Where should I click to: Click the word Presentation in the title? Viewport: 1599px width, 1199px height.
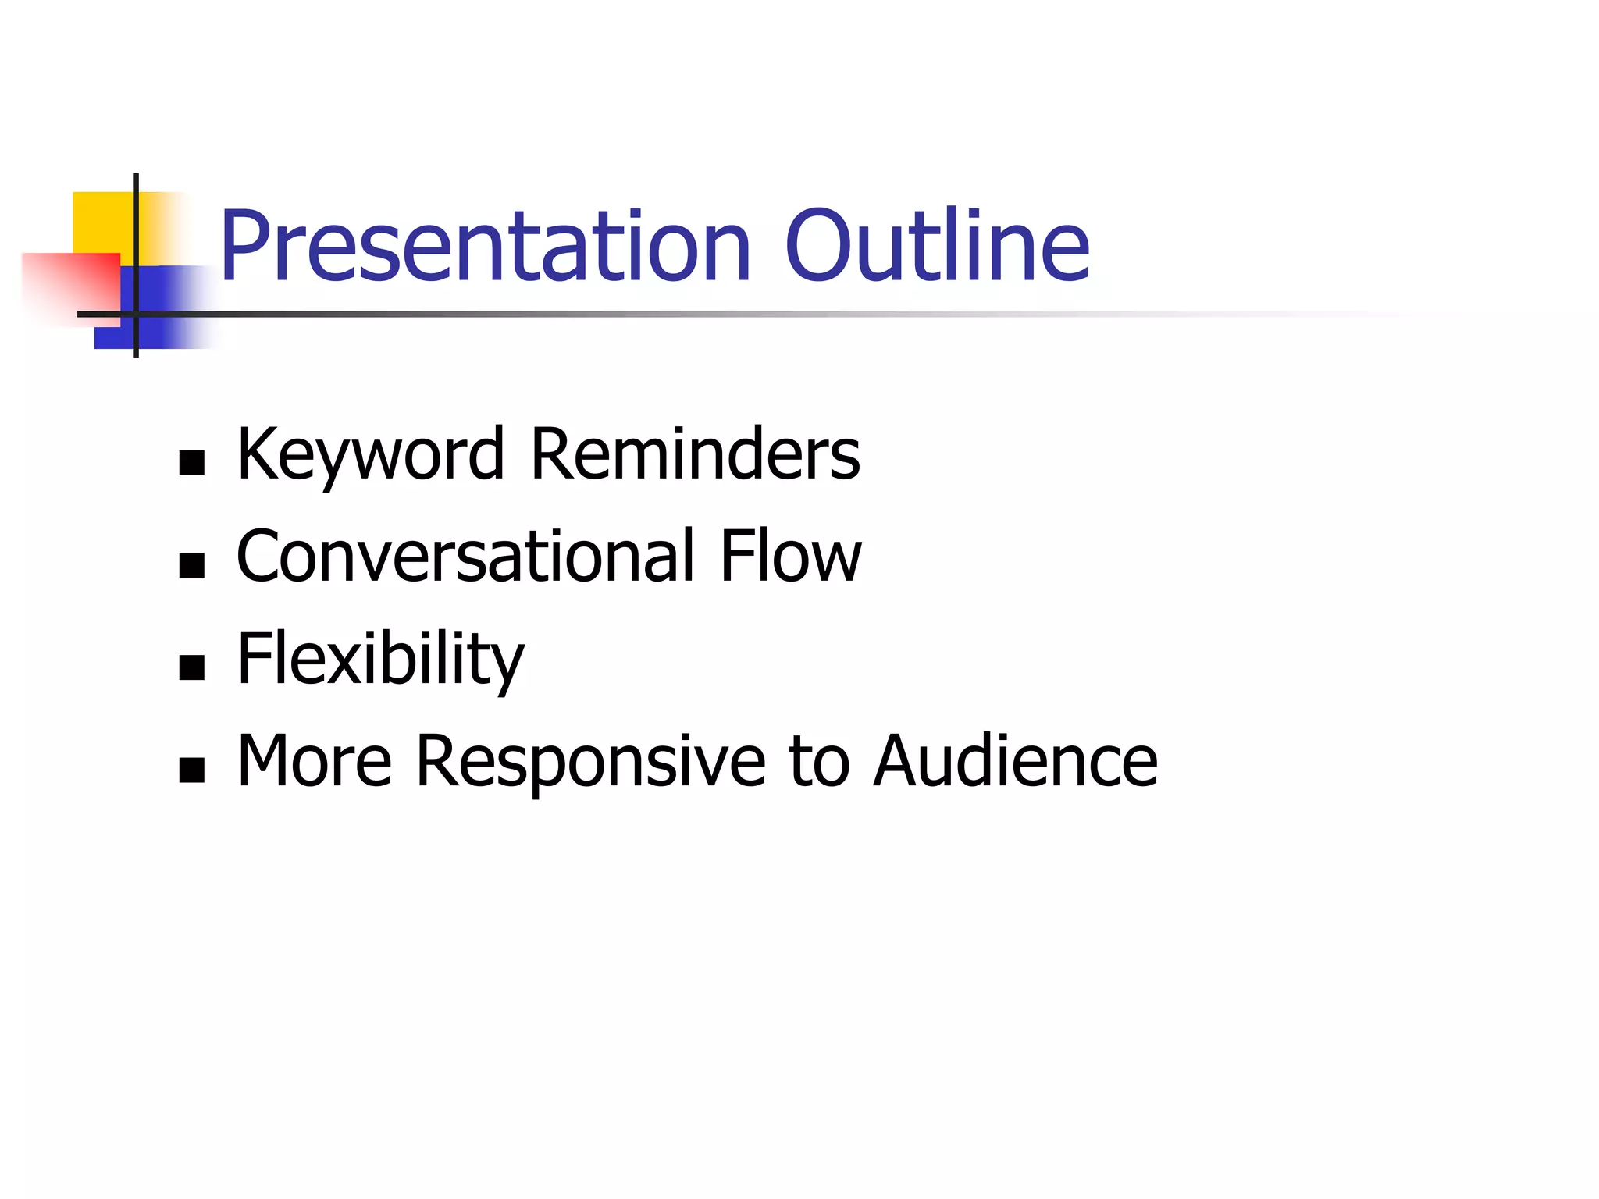coord(484,248)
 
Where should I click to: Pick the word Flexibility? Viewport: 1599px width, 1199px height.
coord(380,660)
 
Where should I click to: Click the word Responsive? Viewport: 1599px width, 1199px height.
coord(590,763)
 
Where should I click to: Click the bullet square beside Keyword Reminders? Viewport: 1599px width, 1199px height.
coord(191,463)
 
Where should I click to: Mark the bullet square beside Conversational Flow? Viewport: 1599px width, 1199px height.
coord(191,565)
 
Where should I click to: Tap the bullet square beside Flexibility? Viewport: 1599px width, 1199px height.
coord(191,667)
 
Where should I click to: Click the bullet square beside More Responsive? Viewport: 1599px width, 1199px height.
coord(191,770)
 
